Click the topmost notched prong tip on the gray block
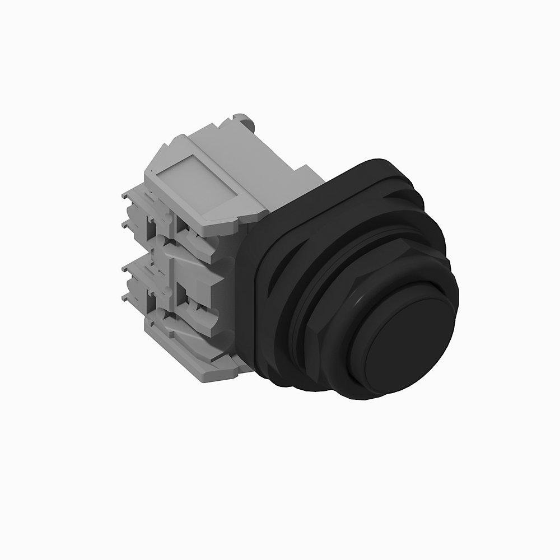pyautogui.click(x=127, y=195)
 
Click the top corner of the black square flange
pyautogui.click(x=370, y=160)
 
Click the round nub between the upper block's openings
pyautogui.click(x=166, y=216)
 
